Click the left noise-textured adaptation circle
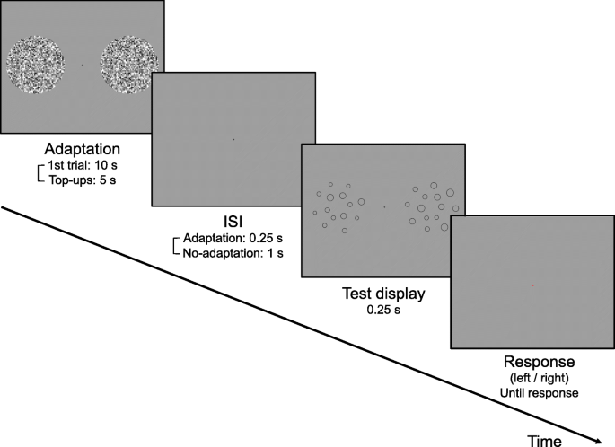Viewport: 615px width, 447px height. pyautogui.click(x=35, y=65)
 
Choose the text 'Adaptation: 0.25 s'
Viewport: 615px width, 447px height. pyautogui.click(x=233, y=239)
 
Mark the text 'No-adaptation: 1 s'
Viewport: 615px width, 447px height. pyautogui.click(x=233, y=253)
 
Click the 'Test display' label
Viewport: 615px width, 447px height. pyautogui.click(x=383, y=294)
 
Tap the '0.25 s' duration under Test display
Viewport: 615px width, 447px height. pyautogui.click(x=383, y=309)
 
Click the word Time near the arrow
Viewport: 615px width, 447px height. pyautogui.click(x=545, y=439)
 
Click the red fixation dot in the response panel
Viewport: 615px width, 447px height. pyautogui.click(x=532, y=285)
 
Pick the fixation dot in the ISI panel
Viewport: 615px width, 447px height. pyautogui.click(x=233, y=139)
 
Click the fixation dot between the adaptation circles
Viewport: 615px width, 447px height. pyautogui.click(x=83, y=65)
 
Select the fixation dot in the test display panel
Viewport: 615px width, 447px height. pyautogui.click(x=384, y=207)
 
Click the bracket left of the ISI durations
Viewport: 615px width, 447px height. pyautogui.click(x=176, y=246)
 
